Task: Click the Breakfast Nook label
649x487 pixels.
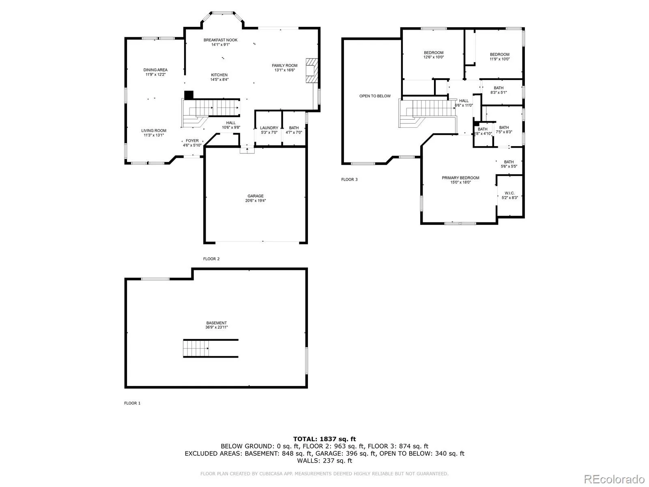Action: click(x=220, y=42)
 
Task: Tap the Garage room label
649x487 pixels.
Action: click(x=256, y=198)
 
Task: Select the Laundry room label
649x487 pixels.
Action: click(x=269, y=130)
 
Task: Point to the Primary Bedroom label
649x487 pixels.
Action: click(x=460, y=180)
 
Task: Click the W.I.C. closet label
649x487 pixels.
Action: click(x=509, y=195)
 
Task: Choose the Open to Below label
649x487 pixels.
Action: click(x=375, y=96)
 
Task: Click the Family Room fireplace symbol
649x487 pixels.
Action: click(x=312, y=71)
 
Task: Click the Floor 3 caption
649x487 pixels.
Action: click(x=349, y=179)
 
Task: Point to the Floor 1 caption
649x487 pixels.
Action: click(x=132, y=403)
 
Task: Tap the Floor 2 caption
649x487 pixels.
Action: click(x=211, y=259)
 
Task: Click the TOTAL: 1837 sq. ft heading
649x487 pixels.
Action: click(x=324, y=439)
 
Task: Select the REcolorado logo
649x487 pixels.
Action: click(x=614, y=478)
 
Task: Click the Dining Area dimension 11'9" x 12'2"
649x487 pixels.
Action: click(x=155, y=75)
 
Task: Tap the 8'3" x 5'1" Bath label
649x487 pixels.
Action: click(x=499, y=90)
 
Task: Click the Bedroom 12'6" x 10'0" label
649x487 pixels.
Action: click(x=434, y=55)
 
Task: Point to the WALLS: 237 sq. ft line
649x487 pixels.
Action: click(x=324, y=460)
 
